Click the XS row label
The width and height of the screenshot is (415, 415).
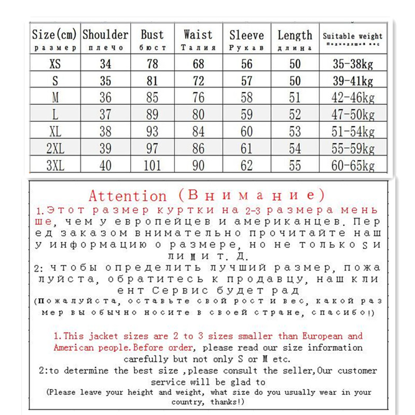click(54, 64)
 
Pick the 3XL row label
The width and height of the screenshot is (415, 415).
click(54, 166)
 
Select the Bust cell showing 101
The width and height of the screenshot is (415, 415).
click(153, 166)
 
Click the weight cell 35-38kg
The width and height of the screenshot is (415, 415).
click(353, 64)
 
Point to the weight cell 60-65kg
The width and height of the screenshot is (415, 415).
click(353, 166)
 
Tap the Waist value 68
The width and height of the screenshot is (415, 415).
click(198, 64)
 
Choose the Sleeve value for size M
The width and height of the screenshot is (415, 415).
click(246, 98)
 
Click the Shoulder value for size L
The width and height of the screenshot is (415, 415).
click(105, 115)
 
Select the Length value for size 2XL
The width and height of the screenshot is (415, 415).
click(295, 149)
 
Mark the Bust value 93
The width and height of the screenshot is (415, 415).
click(153, 132)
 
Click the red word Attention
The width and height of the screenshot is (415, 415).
click(128, 196)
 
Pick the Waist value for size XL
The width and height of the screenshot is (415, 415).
click(198, 132)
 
